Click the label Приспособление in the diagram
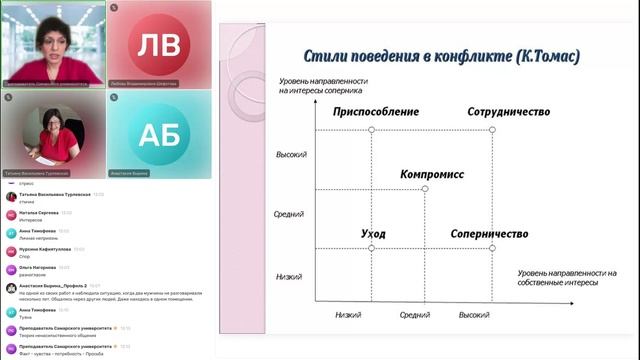point(375,112)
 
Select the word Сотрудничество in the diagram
point(508,112)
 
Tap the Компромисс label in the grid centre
point(432,174)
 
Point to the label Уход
point(373,234)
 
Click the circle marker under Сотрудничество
point(492,130)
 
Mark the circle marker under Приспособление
point(371,130)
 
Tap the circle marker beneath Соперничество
point(492,248)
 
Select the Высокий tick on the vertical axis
point(291,155)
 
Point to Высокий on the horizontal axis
point(474,314)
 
